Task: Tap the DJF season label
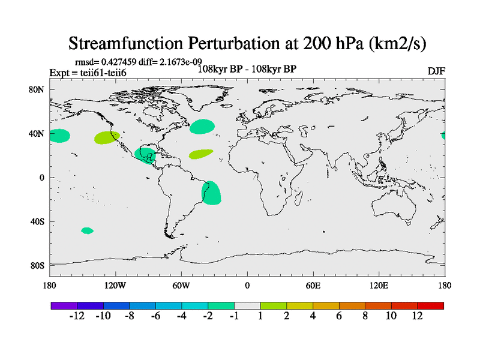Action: pyautogui.click(x=436, y=71)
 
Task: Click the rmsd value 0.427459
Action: pyautogui.click(x=124, y=62)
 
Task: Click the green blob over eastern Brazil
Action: pyautogui.click(x=212, y=192)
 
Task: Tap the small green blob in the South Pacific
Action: pyautogui.click(x=87, y=230)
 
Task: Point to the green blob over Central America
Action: pyautogui.click(x=146, y=155)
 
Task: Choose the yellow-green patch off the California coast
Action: pyautogui.click(x=106, y=137)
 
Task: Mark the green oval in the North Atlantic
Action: pyautogui.click(x=202, y=127)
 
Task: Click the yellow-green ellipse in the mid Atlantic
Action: pyautogui.click(x=200, y=154)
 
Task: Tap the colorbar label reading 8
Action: pyautogui.click(x=365, y=316)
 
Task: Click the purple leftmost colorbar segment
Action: pyautogui.click(x=64, y=305)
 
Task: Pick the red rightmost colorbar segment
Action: pyautogui.click(x=431, y=305)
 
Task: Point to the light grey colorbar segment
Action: pyautogui.click(x=247, y=305)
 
